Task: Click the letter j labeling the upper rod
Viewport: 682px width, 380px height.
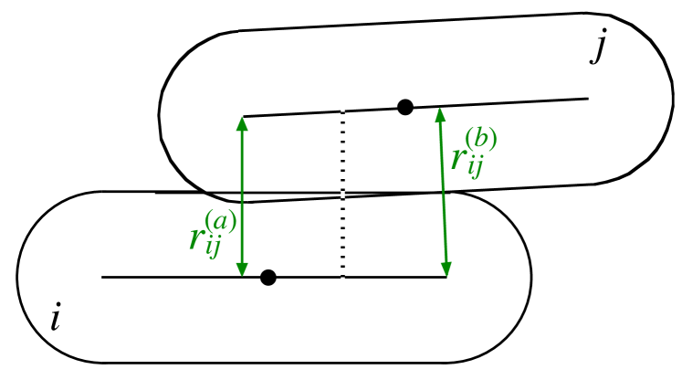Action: point(598,46)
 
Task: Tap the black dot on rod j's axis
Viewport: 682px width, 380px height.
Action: point(405,107)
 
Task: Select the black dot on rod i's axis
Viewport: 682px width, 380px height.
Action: point(268,278)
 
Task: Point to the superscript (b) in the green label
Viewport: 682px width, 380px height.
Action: point(481,139)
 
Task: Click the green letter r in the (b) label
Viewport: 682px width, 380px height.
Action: point(458,158)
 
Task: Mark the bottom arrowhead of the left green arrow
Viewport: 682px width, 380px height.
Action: point(242,269)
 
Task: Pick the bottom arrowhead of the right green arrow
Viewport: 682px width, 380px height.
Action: point(446,269)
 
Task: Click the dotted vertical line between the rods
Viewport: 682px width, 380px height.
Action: point(342,192)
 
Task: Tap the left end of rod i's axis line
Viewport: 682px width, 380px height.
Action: point(103,277)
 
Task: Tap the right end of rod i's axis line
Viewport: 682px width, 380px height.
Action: point(446,277)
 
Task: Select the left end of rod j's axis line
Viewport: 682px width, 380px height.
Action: point(244,116)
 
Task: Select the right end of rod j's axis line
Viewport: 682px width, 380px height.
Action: point(587,98)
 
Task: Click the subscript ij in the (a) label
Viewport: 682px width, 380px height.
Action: point(213,249)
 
